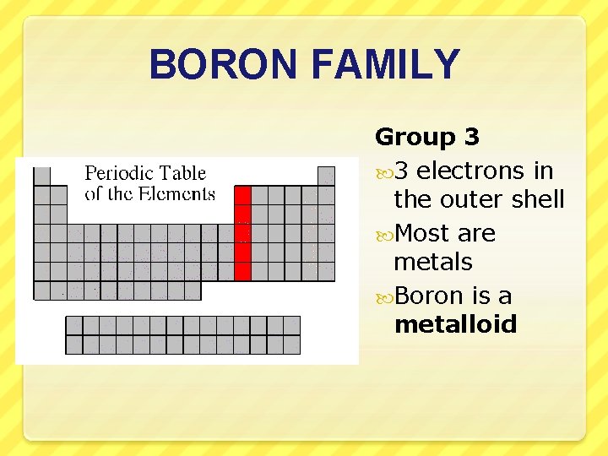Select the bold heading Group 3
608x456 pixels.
click(426, 137)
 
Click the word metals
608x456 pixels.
click(432, 262)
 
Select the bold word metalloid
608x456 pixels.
click(455, 325)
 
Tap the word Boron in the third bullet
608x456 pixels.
click(428, 296)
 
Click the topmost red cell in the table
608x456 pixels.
click(242, 195)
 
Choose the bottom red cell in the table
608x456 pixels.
click(242, 271)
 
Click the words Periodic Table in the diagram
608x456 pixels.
click(145, 174)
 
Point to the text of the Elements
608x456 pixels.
click(150, 194)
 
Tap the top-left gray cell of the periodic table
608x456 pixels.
click(41, 176)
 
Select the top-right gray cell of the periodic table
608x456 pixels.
click(326, 176)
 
